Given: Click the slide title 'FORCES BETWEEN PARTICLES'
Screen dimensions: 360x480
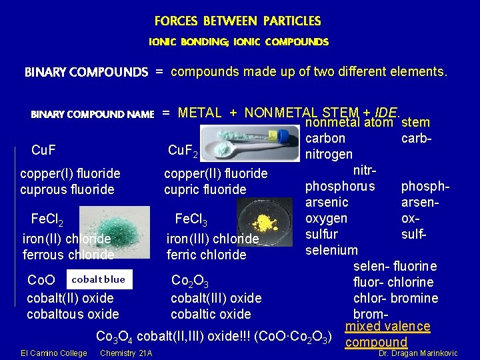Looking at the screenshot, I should [x=238, y=21].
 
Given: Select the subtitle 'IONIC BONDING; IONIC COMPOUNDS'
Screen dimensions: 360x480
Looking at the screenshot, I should [x=238, y=42].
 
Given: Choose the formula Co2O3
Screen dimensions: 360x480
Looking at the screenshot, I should [x=190, y=283].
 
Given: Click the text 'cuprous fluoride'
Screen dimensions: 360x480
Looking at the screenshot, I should [x=67, y=189].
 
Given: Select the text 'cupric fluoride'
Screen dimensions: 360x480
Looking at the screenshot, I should [x=205, y=189].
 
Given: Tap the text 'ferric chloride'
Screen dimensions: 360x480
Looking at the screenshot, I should [x=207, y=255].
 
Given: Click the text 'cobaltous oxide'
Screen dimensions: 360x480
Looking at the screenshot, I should [x=73, y=314].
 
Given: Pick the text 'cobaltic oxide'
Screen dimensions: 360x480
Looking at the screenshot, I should [x=211, y=314].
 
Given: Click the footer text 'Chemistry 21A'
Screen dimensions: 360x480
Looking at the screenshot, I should [x=126, y=353].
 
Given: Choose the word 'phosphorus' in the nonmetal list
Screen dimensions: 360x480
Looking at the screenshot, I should [x=340, y=185].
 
